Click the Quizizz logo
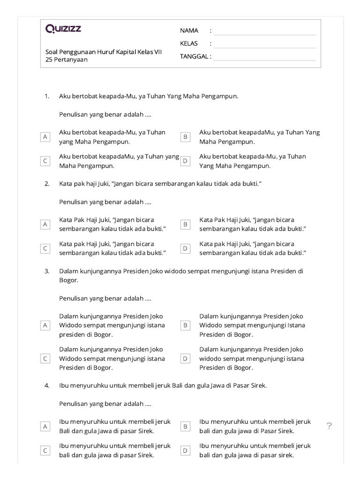63,29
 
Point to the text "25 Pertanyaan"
67,60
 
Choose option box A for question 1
45,137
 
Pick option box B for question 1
186,137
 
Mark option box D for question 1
186,161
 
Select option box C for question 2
45,248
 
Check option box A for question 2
45,225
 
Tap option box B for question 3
186,325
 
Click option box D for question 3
186,359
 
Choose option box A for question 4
45,426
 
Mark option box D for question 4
186,450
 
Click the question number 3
47,271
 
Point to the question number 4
47,385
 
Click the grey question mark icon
330,426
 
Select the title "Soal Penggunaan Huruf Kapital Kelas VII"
104,52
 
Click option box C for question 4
45,450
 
